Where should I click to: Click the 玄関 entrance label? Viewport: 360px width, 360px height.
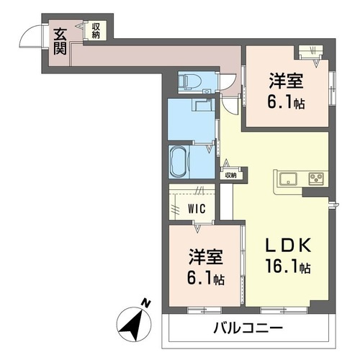click(x=60, y=41)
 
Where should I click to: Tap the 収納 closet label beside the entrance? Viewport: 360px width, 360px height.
click(x=96, y=30)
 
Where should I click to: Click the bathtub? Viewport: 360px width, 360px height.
click(x=179, y=161)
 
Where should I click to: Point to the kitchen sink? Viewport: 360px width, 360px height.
click(x=288, y=179)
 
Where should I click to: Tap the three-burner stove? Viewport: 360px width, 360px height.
click(x=317, y=179)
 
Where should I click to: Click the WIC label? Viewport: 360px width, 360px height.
click(x=197, y=209)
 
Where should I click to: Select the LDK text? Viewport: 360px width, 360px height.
click(x=288, y=245)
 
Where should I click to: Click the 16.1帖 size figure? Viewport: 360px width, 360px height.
click(x=288, y=266)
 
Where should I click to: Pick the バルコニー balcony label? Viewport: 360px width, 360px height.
click(x=248, y=328)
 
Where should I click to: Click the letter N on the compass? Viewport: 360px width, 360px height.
click(x=146, y=303)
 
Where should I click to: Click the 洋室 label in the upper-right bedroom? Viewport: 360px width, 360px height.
click(x=286, y=81)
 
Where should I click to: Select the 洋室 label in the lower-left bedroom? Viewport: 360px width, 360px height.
click(x=206, y=257)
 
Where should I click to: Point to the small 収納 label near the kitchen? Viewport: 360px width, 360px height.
click(x=230, y=176)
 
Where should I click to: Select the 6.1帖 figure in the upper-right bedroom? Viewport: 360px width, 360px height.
click(x=286, y=102)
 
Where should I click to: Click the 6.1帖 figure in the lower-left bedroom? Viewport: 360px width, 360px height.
click(x=206, y=278)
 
